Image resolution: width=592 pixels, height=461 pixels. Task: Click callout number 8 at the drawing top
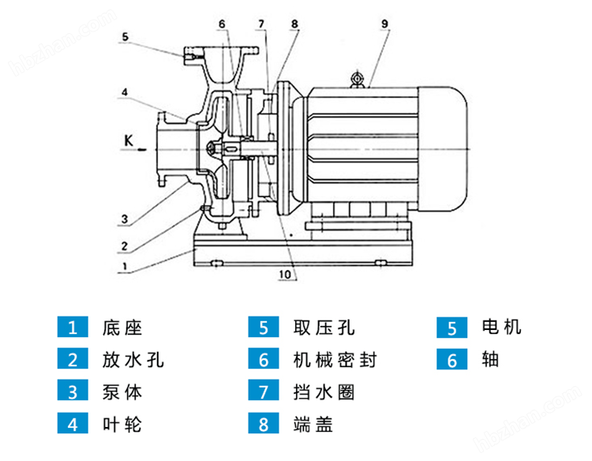pos(294,24)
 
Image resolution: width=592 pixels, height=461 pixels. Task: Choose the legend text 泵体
pos(122,392)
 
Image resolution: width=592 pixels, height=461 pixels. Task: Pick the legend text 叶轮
pos(122,425)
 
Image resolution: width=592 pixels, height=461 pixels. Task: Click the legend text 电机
pos(501,327)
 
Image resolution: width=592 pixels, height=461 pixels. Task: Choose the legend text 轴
pos(489,360)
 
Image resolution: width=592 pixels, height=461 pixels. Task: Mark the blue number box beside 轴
pos(453,360)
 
